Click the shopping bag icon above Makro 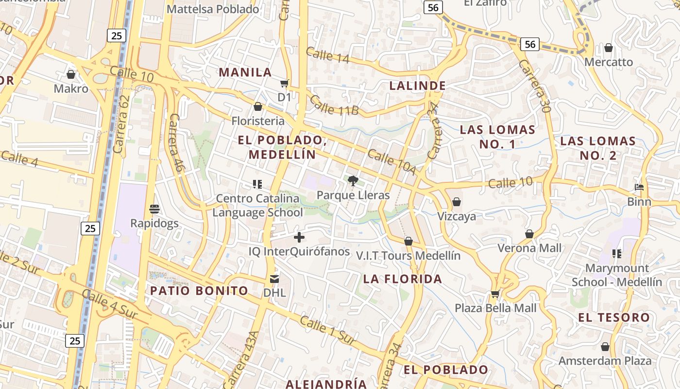pos(71,74)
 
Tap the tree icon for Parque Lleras pos(353,181)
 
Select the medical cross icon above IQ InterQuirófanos pos(299,237)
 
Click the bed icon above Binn pos(639,187)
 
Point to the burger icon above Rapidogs pos(154,209)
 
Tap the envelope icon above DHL pos(274,279)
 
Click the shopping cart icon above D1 pos(285,83)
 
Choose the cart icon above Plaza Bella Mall pos(495,293)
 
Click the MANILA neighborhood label pos(245,72)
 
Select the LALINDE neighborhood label pos(418,86)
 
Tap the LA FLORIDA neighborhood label pos(403,279)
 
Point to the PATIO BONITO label pos(199,291)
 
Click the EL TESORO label pos(614,318)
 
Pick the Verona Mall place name pos(529,248)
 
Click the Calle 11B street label pos(334,106)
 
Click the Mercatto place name pos(609,62)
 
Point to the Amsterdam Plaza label pos(605,361)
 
